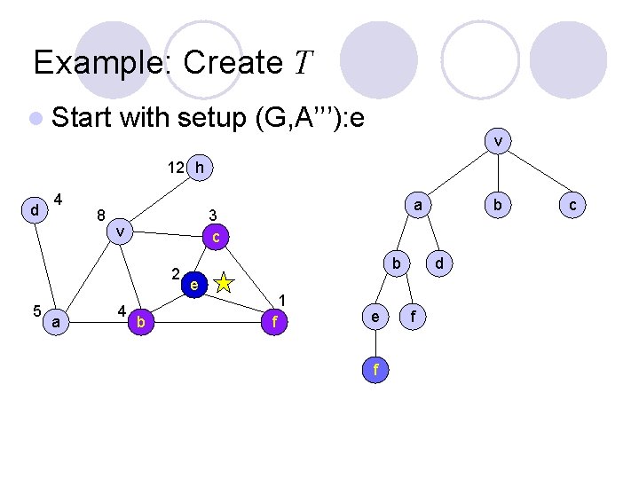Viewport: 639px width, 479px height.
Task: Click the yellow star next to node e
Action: (x=224, y=283)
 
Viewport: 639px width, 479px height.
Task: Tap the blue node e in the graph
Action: (x=193, y=285)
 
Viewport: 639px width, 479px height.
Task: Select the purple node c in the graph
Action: (x=216, y=237)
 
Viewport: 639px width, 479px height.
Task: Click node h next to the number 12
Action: (x=201, y=166)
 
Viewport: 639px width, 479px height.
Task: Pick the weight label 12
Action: (x=177, y=167)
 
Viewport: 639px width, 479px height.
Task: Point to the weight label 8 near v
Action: (x=101, y=214)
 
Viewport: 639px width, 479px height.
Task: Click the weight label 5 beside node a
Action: (x=35, y=310)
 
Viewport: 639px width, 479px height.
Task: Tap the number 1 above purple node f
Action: (x=282, y=299)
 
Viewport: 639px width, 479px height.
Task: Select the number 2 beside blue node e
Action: (x=176, y=273)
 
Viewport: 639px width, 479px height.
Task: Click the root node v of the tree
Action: (x=499, y=141)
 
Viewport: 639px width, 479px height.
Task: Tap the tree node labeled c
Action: (x=572, y=205)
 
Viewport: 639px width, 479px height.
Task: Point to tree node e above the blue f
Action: (x=375, y=317)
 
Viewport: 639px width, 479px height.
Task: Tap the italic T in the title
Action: (x=303, y=63)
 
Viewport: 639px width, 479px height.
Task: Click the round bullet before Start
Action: (x=35, y=117)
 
